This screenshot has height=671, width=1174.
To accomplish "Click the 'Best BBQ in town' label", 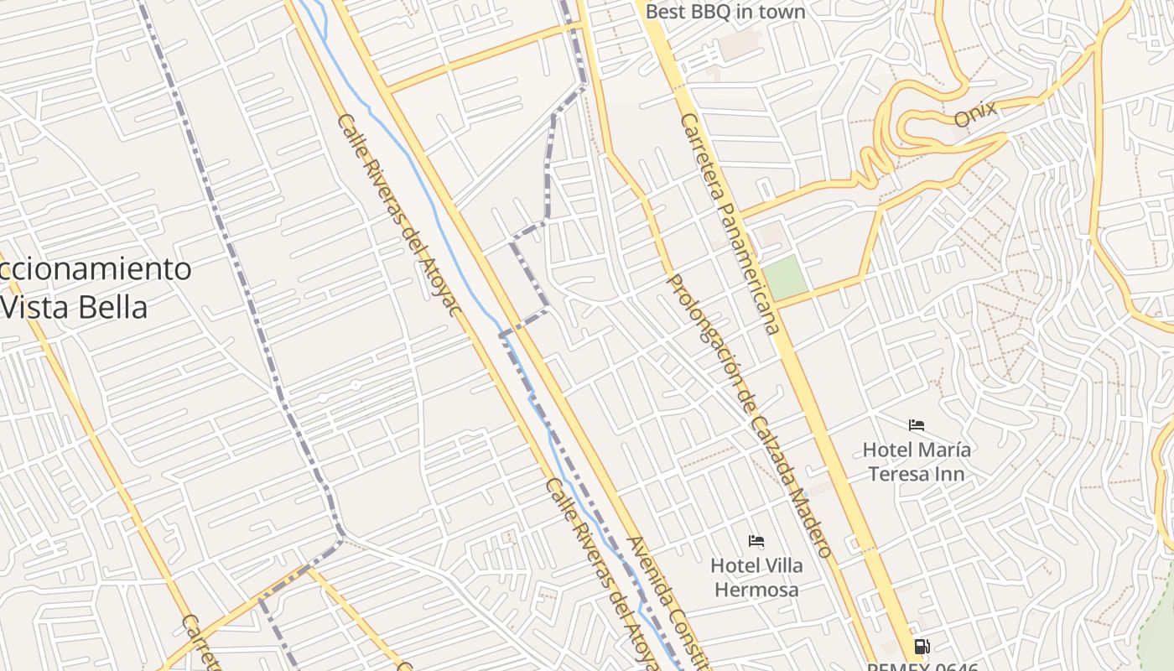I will coord(725,12).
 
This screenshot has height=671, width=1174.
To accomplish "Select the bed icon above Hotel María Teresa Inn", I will coord(917,425).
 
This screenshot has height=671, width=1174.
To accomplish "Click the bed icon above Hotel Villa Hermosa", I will coord(756,541).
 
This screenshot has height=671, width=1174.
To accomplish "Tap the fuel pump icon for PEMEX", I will coord(922,647).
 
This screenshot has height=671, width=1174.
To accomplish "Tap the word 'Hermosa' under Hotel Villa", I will coord(756,590).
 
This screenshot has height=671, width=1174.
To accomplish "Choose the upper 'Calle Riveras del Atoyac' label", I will coord(399,216).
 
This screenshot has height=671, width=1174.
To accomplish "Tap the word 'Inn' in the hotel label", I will coord(951,474).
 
